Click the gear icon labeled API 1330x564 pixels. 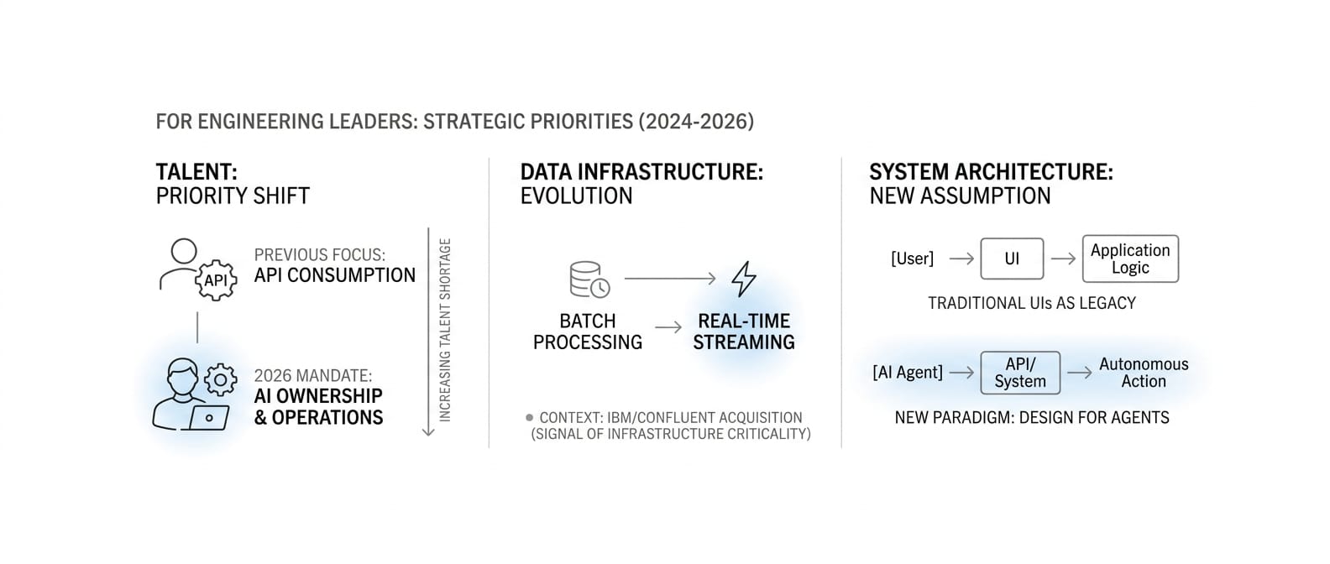pyautogui.click(x=216, y=280)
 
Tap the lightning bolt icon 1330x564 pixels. pyautogui.click(x=743, y=279)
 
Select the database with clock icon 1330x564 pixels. pyautogui.click(x=589, y=279)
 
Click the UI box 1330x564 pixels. pyautogui.click(x=1012, y=258)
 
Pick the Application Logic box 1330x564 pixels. pyautogui.click(x=1130, y=258)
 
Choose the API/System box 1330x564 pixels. pyautogui.click(x=1020, y=373)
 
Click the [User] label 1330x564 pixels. pyautogui.click(x=912, y=258)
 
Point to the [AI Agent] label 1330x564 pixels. pyautogui.click(x=908, y=373)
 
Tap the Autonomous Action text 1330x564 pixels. pyautogui.click(x=1144, y=373)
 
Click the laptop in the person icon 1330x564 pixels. pyautogui.click(x=208, y=418)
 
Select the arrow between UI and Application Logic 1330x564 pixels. pyautogui.click(x=1063, y=258)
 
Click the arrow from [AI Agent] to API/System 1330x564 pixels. pyautogui.click(x=962, y=373)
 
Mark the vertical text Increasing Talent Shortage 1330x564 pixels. pyautogui.click(x=445, y=330)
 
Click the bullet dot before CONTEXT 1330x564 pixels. pyautogui.click(x=530, y=417)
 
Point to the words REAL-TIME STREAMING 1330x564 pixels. pyautogui.click(x=743, y=332)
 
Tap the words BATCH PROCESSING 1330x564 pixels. pyautogui.click(x=588, y=332)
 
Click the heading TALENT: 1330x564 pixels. pyautogui.click(x=196, y=172)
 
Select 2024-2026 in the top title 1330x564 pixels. pyautogui.click(x=696, y=122)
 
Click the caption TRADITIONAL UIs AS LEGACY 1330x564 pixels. pyautogui.click(x=1032, y=303)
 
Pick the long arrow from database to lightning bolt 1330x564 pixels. pyautogui.click(x=670, y=279)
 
